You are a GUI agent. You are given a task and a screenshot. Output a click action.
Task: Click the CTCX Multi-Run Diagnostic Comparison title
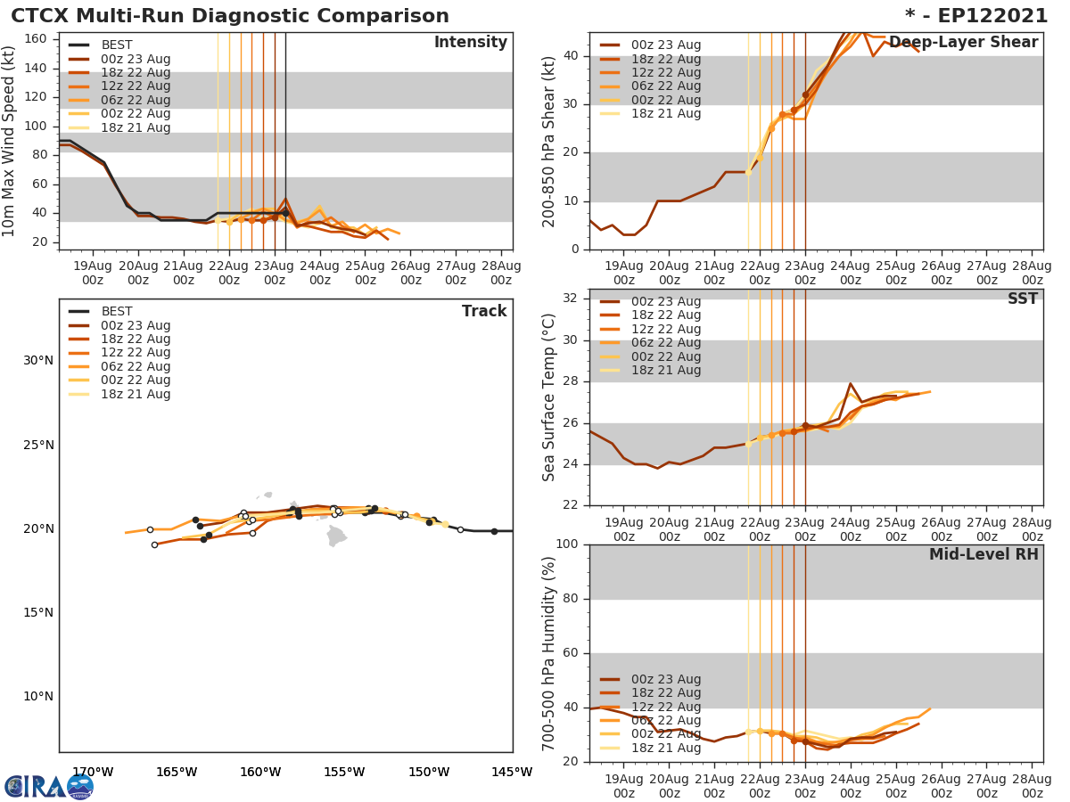pyautogui.click(x=230, y=16)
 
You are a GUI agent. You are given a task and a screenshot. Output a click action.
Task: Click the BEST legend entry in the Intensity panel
pyautogui.click(x=116, y=45)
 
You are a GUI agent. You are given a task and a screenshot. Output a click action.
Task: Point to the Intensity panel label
pyautogui.click(x=470, y=43)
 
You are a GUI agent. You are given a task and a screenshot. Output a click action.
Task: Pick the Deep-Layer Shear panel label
pyautogui.click(x=963, y=43)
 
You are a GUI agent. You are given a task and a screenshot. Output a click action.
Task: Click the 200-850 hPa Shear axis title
pyautogui.click(x=550, y=141)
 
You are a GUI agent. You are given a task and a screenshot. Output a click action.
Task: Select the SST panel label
pyautogui.click(x=1022, y=299)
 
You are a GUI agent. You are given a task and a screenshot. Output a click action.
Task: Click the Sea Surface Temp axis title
pyautogui.click(x=550, y=397)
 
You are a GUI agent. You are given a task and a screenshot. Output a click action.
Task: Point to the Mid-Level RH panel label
pyautogui.click(x=984, y=554)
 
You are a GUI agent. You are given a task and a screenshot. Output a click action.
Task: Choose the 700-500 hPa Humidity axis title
pyautogui.click(x=550, y=652)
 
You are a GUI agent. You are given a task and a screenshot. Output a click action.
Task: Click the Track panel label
pyautogui.click(x=483, y=311)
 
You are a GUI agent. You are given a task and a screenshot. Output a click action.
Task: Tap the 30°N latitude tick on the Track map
pyautogui.click(x=37, y=361)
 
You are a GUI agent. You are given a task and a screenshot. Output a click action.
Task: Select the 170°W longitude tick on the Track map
pyautogui.click(x=92, y=772)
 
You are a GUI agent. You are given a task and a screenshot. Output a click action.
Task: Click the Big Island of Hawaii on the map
pyautogui.click(x=336, y=536)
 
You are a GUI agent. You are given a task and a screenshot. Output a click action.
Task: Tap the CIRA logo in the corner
pyautogui.click(x=48, y=787)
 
